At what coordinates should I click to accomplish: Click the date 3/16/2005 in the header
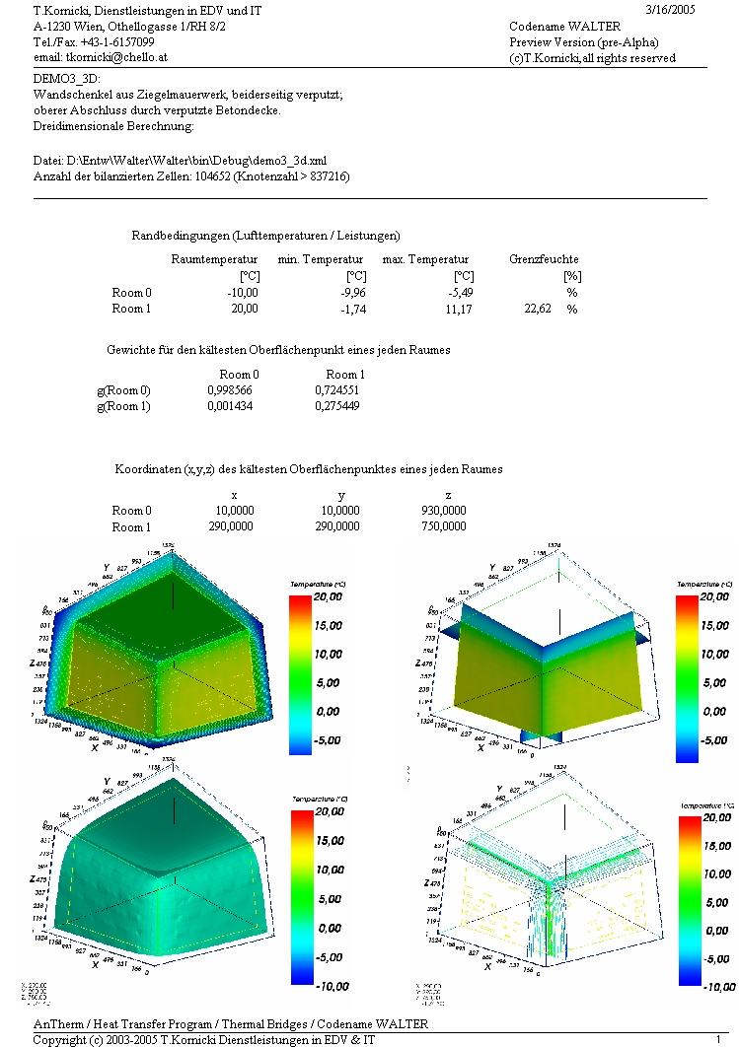[x=676, y=9]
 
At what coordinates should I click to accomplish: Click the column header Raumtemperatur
[x=214, y=259]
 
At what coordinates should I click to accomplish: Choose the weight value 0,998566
[x=232, y=390]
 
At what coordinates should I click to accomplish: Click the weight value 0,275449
[x=337, y=406]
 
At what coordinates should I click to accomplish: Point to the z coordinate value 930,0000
[x=443, y=511]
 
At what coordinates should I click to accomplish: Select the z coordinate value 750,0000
[x=443, y=526]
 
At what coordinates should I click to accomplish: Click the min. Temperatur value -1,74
[x=351, y=309]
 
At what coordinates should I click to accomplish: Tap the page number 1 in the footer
[x=719, y=1039]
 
